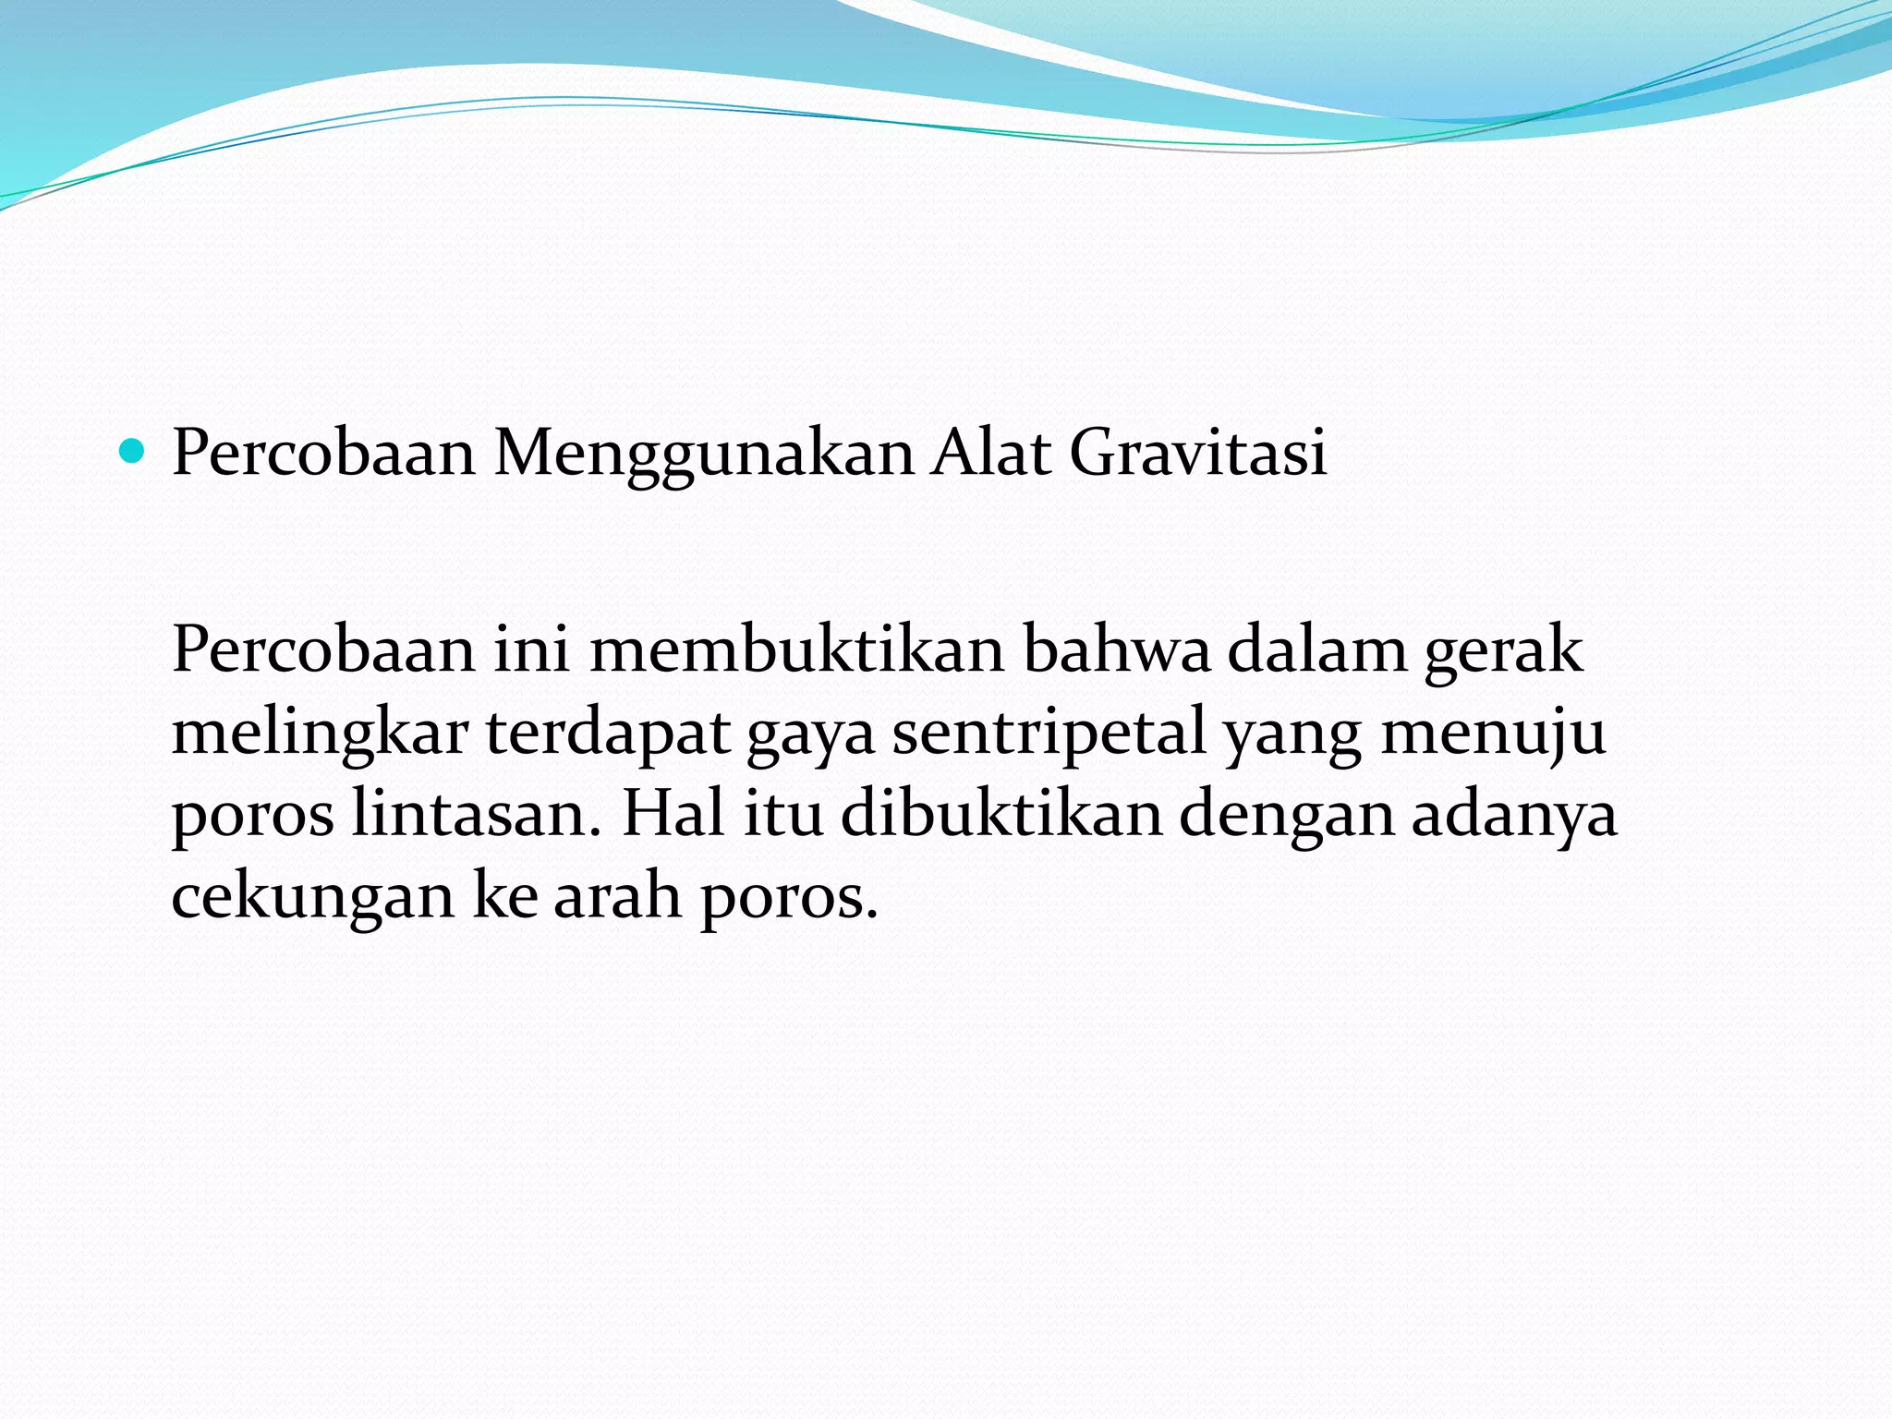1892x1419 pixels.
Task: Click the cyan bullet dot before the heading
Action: coord(134,453)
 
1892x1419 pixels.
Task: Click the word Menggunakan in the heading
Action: coord(704,455)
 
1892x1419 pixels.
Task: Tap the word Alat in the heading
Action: coord(990,453)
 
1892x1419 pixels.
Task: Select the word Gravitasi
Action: coord(1198,453)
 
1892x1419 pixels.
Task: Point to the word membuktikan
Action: coord(796,649)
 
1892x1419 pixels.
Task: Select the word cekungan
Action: coord(313,897)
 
